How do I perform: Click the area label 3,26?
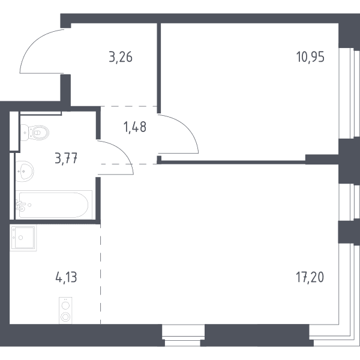pyautogui.click(x=121, y=57)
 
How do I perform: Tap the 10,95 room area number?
pyautogui.click(x=310, y=57)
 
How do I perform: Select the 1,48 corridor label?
pyautogui.click(x=135, y=127)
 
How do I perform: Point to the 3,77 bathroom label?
pyautogui.click(x=66, y=158)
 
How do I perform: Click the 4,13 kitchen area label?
pyautogui.click(x=66, y=277)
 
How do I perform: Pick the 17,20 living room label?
pyautogui.click(x=310, y=277)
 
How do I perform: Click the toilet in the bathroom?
pyautogui.click(x=35, y=133)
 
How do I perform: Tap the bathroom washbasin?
pyautogui.click(x=25, y=171)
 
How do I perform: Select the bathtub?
pyautogui.click(x=54, y=205)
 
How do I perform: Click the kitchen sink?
pyautogui.click(x=23, y=238)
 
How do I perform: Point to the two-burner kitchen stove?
pyautogui.click(x=65, y=310)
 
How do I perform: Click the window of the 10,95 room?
pyautogui.click(x=349, y=93)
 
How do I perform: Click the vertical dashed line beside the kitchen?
pyautogui.click(x=100, y=274)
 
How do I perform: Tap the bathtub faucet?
pyautogui.click(x=20, y=205)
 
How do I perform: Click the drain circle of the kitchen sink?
pyautogui.click(x=20, y=238)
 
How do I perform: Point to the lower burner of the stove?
pyautogui.click(x=65, y=317)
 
